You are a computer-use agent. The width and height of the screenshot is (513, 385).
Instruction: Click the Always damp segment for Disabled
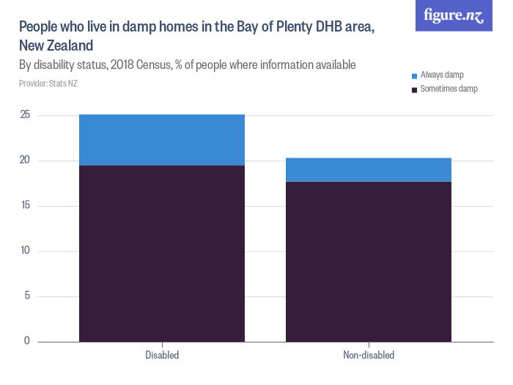pos(162,140)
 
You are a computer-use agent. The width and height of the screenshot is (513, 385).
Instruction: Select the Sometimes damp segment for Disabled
pos(162,253)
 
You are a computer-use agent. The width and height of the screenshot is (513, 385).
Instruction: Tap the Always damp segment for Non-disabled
pos(369,169)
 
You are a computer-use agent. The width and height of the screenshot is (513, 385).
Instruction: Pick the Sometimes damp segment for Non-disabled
pos(369,261)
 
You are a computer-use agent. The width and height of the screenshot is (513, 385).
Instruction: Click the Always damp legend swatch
pos(414,76)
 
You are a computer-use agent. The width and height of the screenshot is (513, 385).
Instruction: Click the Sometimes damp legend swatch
pos(414,89)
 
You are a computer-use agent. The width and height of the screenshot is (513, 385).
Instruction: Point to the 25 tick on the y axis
pos(25,115)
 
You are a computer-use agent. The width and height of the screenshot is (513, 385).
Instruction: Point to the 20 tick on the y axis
pos(25,161)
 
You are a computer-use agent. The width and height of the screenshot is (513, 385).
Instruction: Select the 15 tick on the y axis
pos(25,205)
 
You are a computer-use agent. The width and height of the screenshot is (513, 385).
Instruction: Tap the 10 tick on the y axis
pos(25,251)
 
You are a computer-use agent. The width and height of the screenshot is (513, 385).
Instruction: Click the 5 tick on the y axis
pos(27,296)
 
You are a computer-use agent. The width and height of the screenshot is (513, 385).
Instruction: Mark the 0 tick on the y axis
pos(27,341)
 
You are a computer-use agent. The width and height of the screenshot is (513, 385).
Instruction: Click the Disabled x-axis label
pos(162,356)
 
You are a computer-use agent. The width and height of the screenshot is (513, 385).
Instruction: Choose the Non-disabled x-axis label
pos(369,356)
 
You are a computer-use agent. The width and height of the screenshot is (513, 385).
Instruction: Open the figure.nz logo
pos(454,16)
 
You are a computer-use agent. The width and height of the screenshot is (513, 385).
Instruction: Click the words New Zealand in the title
pos(56,45)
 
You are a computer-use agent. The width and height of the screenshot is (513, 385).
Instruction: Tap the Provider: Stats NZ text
pos(48,84)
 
